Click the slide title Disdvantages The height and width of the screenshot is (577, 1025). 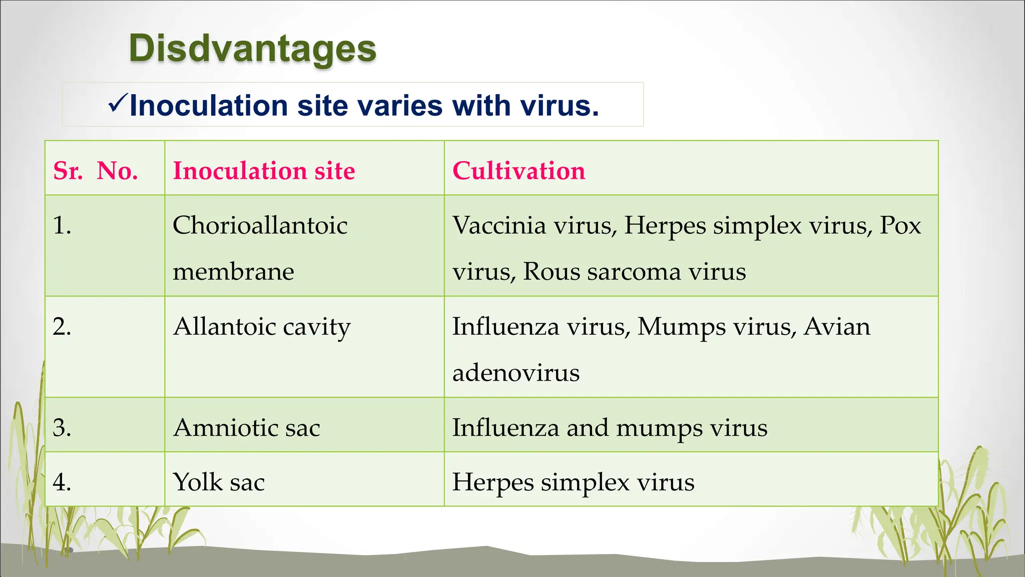(252, 49)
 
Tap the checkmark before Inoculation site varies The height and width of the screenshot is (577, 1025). (118, 104)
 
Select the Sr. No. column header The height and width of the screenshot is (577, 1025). (96, 171)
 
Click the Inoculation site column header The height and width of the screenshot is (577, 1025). (264, 171)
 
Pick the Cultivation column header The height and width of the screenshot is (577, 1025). (519, 171)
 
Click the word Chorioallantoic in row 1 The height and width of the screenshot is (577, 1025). (260, 225)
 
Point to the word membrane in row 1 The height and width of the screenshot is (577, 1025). (233, 271)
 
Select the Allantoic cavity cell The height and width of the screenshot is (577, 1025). (262, 327)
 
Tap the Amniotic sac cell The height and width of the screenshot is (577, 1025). (246, 428)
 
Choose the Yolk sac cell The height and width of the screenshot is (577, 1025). (219, 482)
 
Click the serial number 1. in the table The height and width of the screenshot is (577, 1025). (62, 225)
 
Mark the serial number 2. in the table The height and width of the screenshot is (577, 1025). (62, 327)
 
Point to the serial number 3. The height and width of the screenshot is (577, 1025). (62, 428)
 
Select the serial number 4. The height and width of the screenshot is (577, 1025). (62, 482)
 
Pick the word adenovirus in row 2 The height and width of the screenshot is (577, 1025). (516, 373)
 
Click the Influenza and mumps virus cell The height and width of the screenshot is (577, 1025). (610, 428)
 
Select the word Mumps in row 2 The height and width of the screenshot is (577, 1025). (682, 327)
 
